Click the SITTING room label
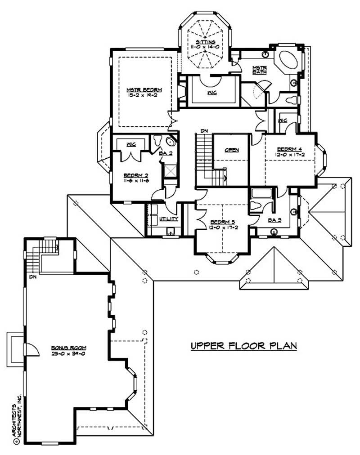(x=204, y=41)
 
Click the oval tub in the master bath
(x=287, y=61)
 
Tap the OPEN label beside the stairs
(x=232, y=150)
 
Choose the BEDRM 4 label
(x=287, y=149)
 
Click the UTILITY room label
(x=169, y=219)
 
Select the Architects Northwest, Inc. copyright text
(x=17, y=418)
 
